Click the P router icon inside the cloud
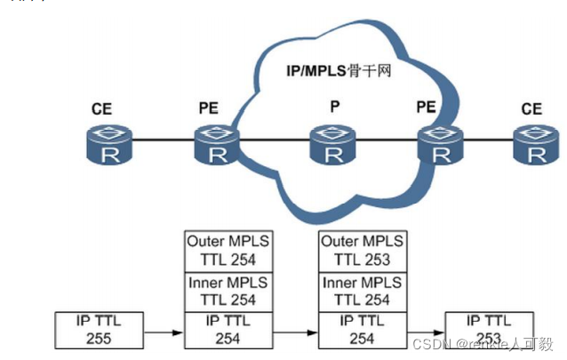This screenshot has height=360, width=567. [333, 147]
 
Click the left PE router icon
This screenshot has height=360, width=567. [215, 147]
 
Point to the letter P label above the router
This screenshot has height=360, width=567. [334, 108]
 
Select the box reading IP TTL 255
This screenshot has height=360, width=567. [99, 329]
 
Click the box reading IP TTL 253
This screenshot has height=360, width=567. [490, 330]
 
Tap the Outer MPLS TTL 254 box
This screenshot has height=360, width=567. [228, 250]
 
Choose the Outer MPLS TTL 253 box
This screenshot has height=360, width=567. [362, 250]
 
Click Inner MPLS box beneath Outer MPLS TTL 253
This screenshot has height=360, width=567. [362, 290]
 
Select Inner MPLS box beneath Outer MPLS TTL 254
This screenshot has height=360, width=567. [228, 290]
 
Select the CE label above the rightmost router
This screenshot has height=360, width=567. [531, 108]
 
